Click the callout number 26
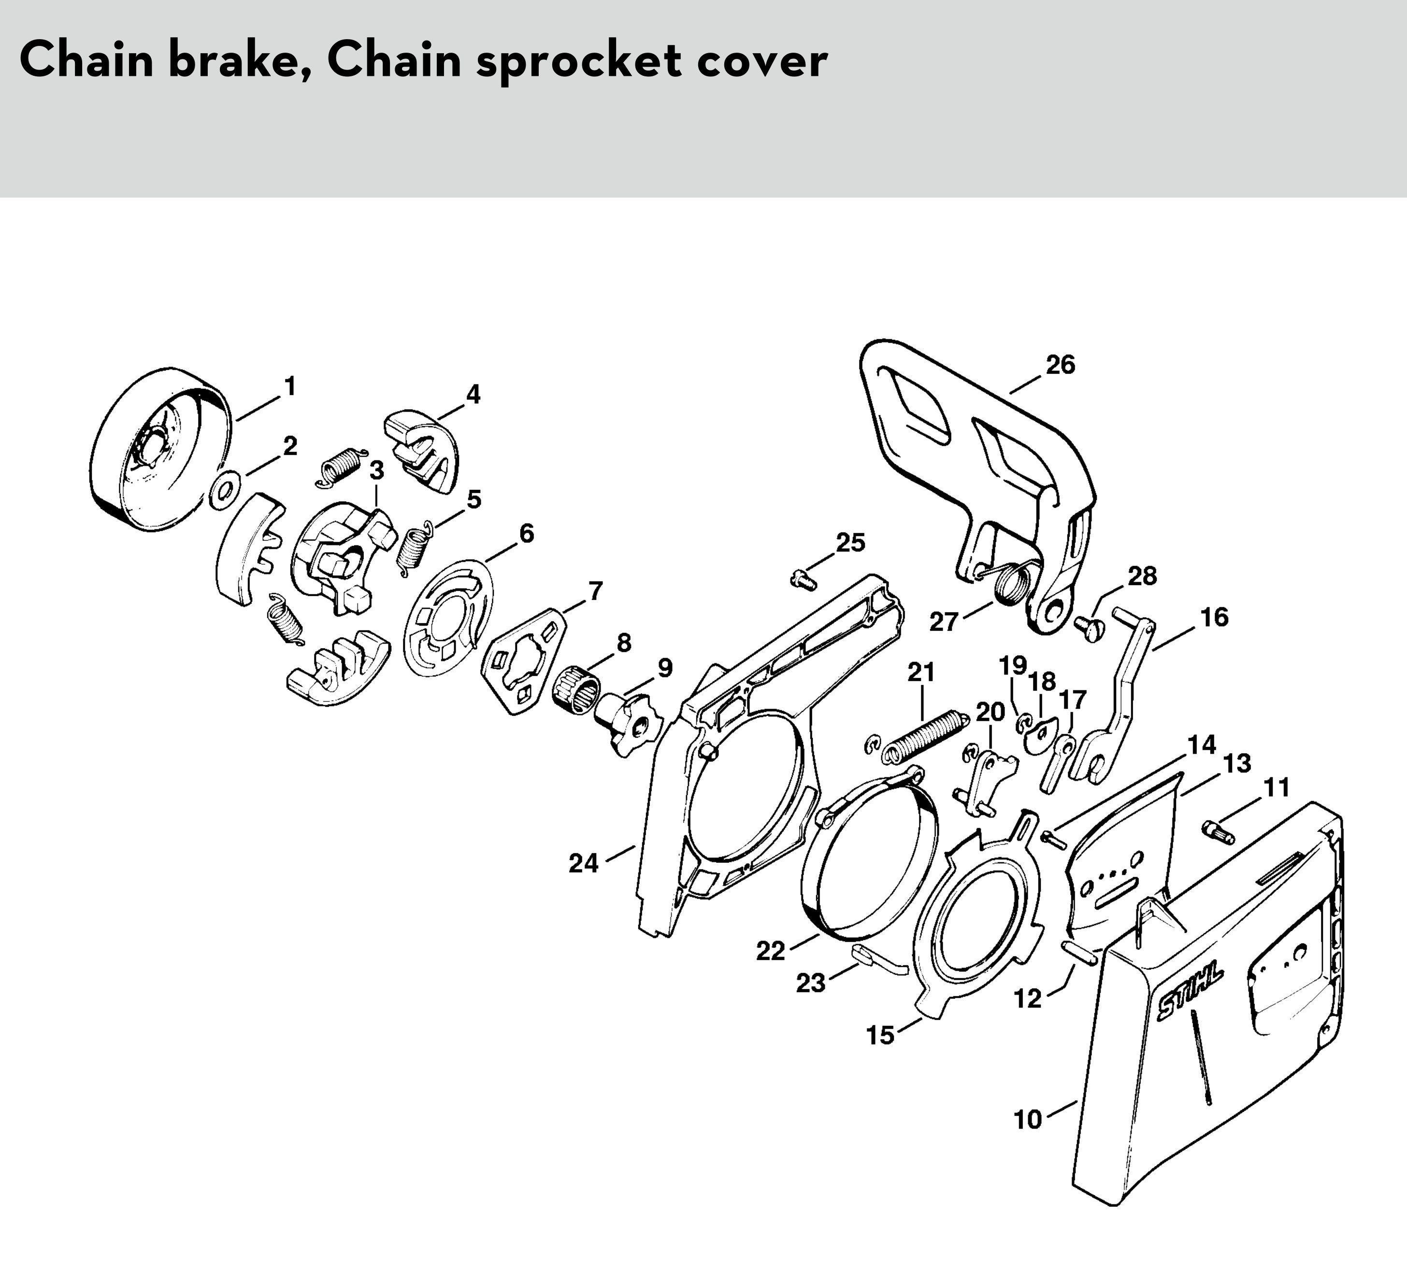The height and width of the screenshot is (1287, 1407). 1060,365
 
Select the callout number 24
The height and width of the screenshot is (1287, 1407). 584,863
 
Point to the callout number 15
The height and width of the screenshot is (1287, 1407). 880,1035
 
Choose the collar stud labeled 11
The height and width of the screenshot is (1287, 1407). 1219,832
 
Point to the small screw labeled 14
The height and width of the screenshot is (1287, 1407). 1053,839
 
